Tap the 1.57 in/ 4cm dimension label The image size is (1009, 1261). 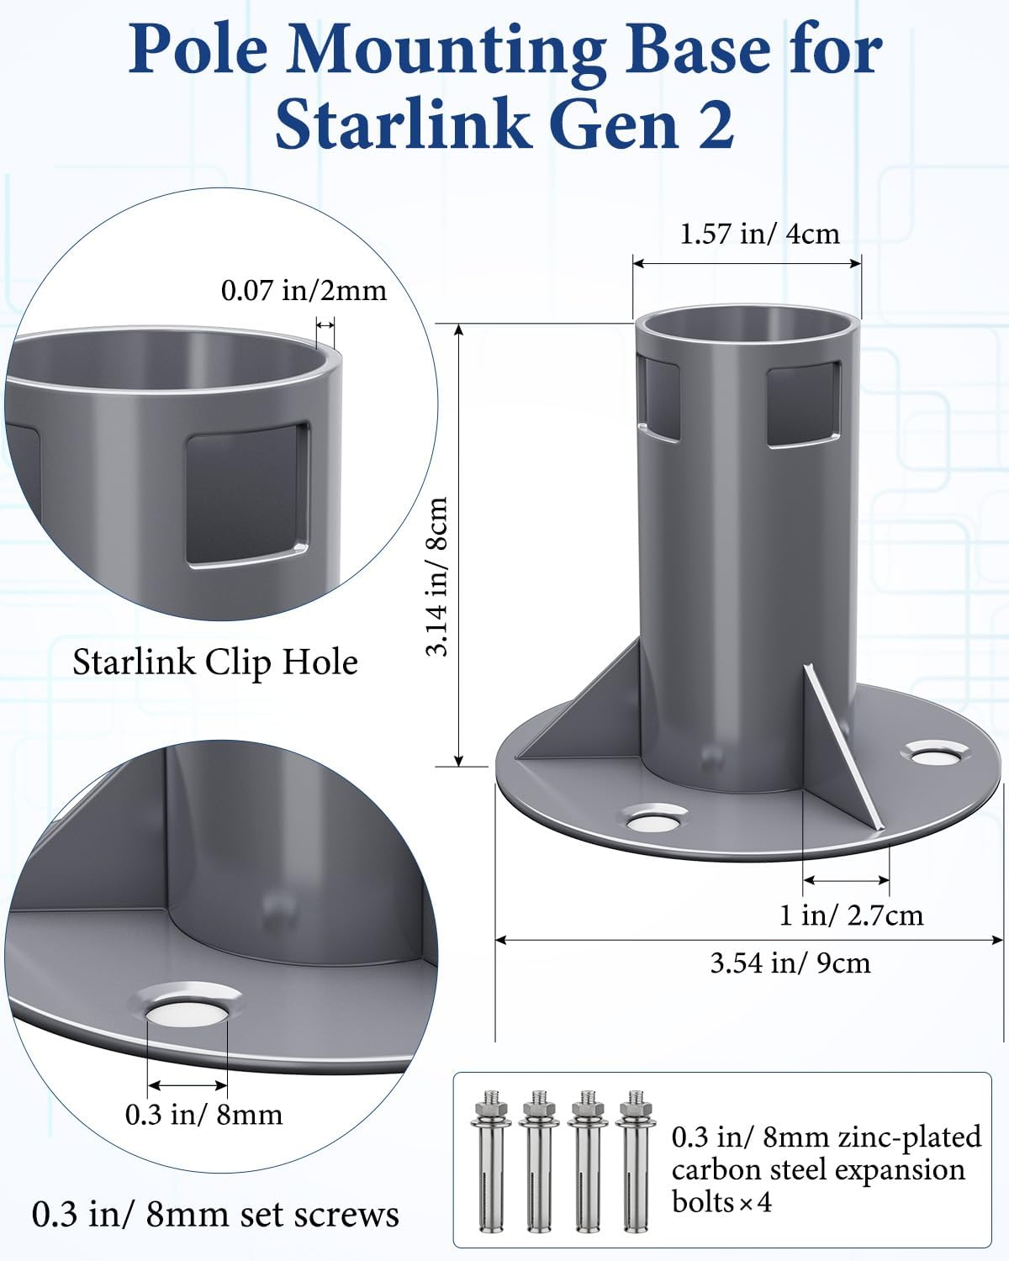click(x=759, y=233)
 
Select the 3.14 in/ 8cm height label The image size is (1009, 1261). click(x=437, y=576)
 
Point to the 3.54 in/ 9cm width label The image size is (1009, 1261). click(x=790, y=963)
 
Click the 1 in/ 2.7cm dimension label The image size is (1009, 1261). click(x=851, y=915)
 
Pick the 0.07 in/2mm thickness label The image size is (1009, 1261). click(x=304, y=290)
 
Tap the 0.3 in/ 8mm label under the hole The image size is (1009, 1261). click(x=203, y=1115)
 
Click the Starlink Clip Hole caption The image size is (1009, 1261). click(x=215, y=662)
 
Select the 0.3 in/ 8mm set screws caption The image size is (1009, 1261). click(x=215, y=1214)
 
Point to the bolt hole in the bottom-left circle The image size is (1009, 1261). click(x=188, y=1007)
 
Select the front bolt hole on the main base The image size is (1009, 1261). click(x=653, y=817)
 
